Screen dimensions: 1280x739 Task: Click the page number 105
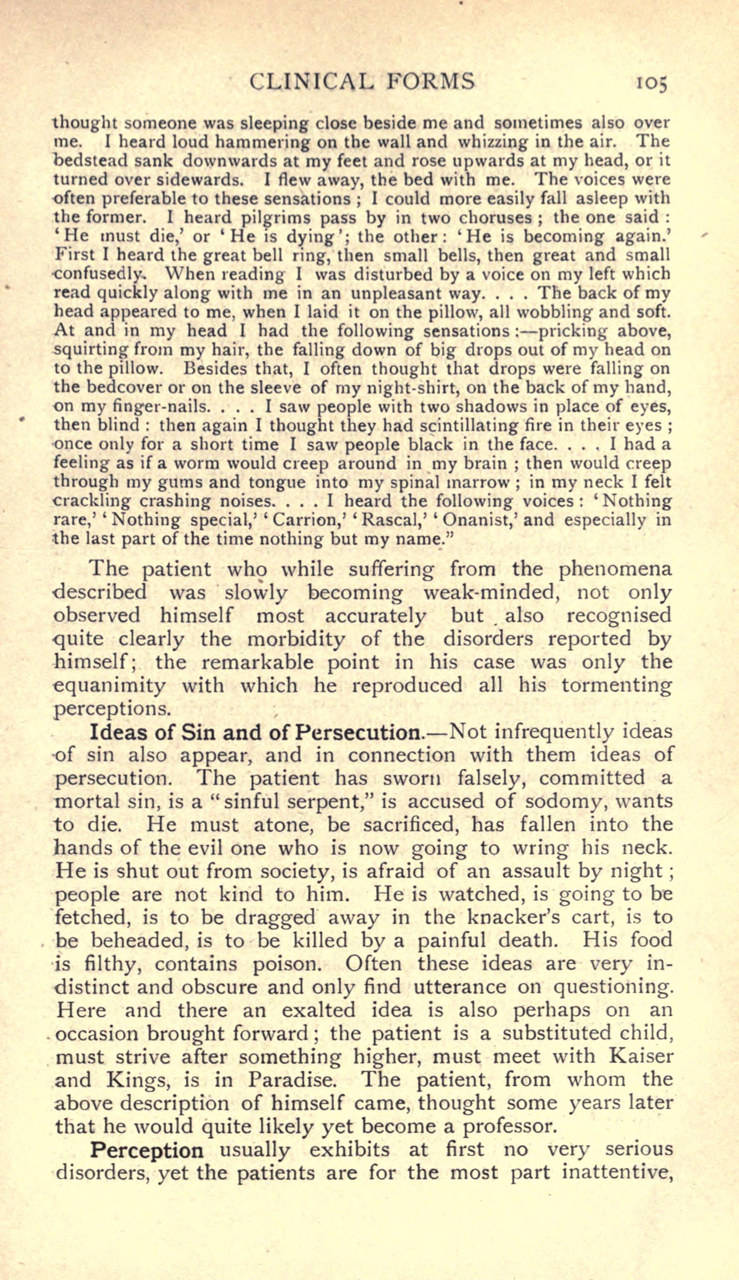651,83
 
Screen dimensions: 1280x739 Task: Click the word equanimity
109,686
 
